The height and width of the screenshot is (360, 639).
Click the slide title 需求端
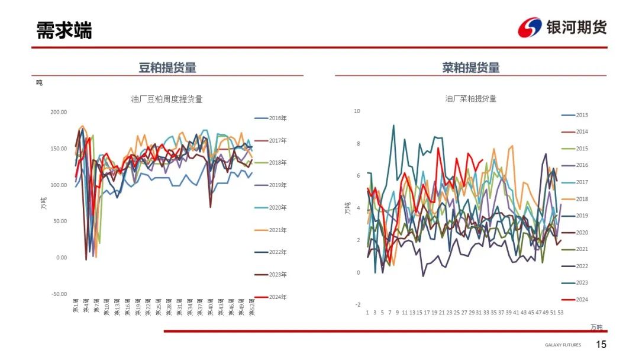point(64,30)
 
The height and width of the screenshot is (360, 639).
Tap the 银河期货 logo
point(561,27)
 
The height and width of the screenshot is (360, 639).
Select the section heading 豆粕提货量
point(167,67)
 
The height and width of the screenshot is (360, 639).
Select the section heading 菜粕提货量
point(471,67)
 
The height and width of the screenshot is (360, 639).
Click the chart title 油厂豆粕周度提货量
point(167,99)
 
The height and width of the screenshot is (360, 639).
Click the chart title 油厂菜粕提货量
point(471,98)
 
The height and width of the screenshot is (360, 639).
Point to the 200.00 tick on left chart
point(59,112)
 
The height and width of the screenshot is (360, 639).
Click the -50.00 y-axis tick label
point(59,294)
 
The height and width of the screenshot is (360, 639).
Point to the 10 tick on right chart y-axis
point(357,111)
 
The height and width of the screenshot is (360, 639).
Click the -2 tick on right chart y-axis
point(357,304)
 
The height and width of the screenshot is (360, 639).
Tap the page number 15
point(601,345)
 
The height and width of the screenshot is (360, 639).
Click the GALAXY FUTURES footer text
point(563,345)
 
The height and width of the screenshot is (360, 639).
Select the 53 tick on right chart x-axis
point(560,312)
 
